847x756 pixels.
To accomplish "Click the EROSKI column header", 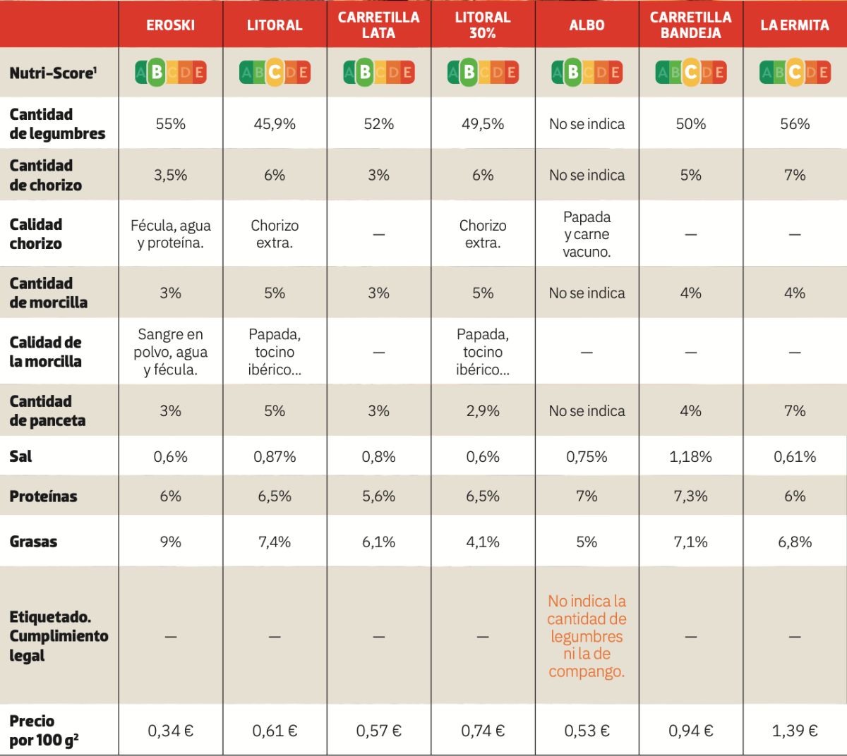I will click(170, 25).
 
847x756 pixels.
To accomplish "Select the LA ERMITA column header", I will click(795, 25).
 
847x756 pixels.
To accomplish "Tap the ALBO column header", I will click(587, 25).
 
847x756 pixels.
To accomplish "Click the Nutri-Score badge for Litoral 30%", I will click(483, 72).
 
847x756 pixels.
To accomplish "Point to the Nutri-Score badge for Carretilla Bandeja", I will click(691, 72).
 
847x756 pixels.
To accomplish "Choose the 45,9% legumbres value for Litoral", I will click(275, 124).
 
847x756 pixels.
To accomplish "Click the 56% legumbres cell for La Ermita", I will click(795, 124).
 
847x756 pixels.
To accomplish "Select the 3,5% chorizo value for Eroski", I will click(170, 175).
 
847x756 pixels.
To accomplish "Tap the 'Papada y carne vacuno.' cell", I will click(587, 234).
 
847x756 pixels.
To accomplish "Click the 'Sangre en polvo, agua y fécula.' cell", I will click(170, 352).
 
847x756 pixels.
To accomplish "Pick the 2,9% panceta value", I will click(483, 411).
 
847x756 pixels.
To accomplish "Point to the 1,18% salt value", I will click(691, 457).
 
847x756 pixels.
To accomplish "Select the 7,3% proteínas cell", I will click(691, 496).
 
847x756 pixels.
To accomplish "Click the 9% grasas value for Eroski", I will click(170, 542).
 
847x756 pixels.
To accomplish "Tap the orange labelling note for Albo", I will click(587, 636).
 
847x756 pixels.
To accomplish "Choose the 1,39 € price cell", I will click(795, 731).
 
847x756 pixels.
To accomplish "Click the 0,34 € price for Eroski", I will click(170, 731).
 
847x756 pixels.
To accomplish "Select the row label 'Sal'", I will click(21, 457).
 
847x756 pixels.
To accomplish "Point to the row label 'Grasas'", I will click(33, 542).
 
